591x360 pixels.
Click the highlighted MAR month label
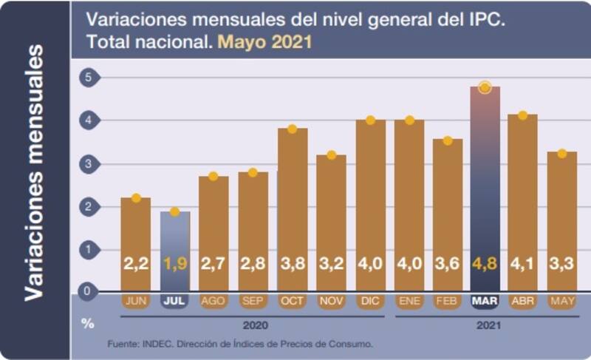point(485,302)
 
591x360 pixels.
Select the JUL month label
point(175,302)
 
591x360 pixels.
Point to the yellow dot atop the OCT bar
point(292,129)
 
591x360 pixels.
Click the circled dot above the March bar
point(485,87)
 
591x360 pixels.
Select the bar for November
point(331,222)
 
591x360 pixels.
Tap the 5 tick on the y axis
point(88,77)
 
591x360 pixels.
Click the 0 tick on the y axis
point(88,291)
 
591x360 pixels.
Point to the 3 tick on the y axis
point(88,163)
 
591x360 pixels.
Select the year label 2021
point(486,325)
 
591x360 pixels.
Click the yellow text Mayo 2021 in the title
point(264,42)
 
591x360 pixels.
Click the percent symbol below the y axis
point(88,324)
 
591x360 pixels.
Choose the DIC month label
point(370,302)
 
